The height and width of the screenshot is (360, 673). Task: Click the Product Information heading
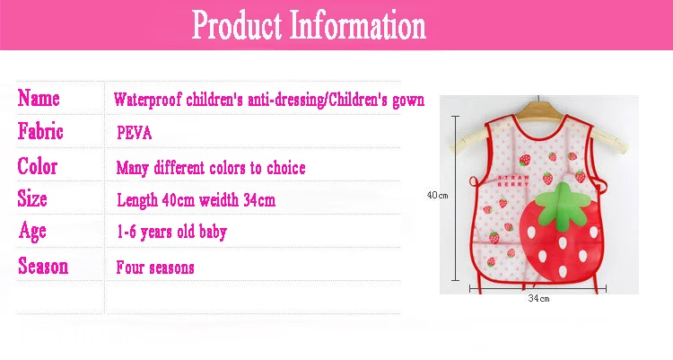309,25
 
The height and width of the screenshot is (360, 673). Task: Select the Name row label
39,98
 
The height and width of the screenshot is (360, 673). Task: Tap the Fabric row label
40,131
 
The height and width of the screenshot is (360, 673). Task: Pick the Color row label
38,166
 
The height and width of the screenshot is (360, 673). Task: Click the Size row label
32,198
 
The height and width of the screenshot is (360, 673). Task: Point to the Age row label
32,232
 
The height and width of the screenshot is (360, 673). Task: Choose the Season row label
43,266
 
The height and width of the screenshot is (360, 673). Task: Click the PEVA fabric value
135,133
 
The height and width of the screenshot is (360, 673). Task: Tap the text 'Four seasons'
155,268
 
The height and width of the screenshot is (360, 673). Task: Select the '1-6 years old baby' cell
171,233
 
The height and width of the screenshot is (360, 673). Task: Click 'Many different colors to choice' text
211,168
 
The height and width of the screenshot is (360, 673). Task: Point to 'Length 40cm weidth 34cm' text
197,200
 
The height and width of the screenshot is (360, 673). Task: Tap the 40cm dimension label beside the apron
437,196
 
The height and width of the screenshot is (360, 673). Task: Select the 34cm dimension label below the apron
538,298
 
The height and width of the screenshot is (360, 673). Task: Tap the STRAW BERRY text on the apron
513,180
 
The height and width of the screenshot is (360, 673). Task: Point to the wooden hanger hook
538,99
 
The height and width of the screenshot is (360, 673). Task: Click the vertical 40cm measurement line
455,198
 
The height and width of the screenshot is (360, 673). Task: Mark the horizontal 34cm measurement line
538,288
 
